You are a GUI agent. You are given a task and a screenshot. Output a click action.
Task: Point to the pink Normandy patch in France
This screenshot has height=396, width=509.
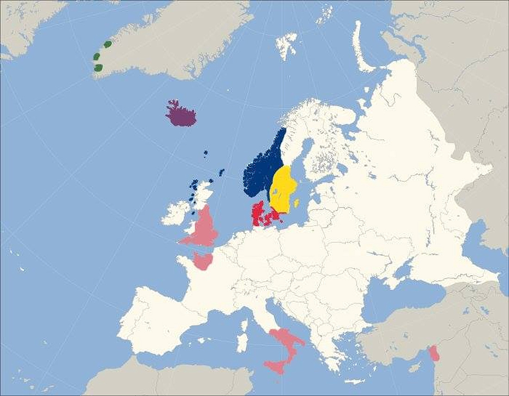[x=202, y=261]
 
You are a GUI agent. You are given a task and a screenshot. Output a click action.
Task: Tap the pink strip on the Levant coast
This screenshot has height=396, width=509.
[x=435, y=353]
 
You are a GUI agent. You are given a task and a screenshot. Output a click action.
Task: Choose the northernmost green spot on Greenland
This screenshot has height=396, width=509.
[x=108, y=44]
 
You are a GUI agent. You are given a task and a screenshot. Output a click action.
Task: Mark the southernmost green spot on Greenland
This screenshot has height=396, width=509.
[x=98, y=68]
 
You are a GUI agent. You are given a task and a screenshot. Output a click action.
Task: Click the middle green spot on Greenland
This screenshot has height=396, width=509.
[x=97, y=56]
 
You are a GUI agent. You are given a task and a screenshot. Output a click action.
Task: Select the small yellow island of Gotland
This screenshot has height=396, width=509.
[x=297, y=203]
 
